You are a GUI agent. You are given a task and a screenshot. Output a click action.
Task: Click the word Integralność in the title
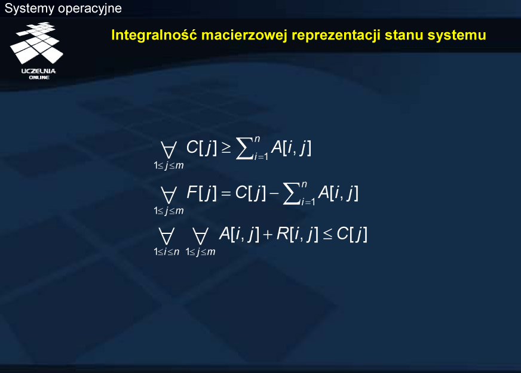pos(154,35)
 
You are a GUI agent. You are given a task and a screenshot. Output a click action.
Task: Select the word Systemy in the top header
pos(29,8)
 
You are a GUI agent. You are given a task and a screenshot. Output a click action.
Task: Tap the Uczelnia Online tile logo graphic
pos(36,43)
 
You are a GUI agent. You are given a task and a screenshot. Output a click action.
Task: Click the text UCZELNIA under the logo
pos(39,71)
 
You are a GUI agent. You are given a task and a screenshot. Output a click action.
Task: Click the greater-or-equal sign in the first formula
pos(226,149)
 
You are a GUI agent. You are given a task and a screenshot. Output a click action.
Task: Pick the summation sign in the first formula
pos(244,149)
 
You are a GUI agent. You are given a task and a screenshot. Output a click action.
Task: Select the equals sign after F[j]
pos(226,193)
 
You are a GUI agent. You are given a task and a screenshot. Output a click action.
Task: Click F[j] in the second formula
pos(201,193)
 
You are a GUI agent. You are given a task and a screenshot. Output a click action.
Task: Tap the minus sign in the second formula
pos(274,193)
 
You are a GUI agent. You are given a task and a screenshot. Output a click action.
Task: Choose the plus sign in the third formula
pos(268,235)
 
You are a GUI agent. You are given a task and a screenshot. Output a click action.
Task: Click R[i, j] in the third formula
pos(297,235)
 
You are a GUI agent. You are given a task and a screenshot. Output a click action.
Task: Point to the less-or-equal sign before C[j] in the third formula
pos(327,235)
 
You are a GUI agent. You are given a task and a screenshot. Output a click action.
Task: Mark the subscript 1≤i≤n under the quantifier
pos(167,252)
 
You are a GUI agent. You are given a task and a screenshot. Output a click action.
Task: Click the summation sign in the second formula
pos(292,194)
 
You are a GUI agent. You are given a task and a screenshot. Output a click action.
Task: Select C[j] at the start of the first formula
pos(201,147)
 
